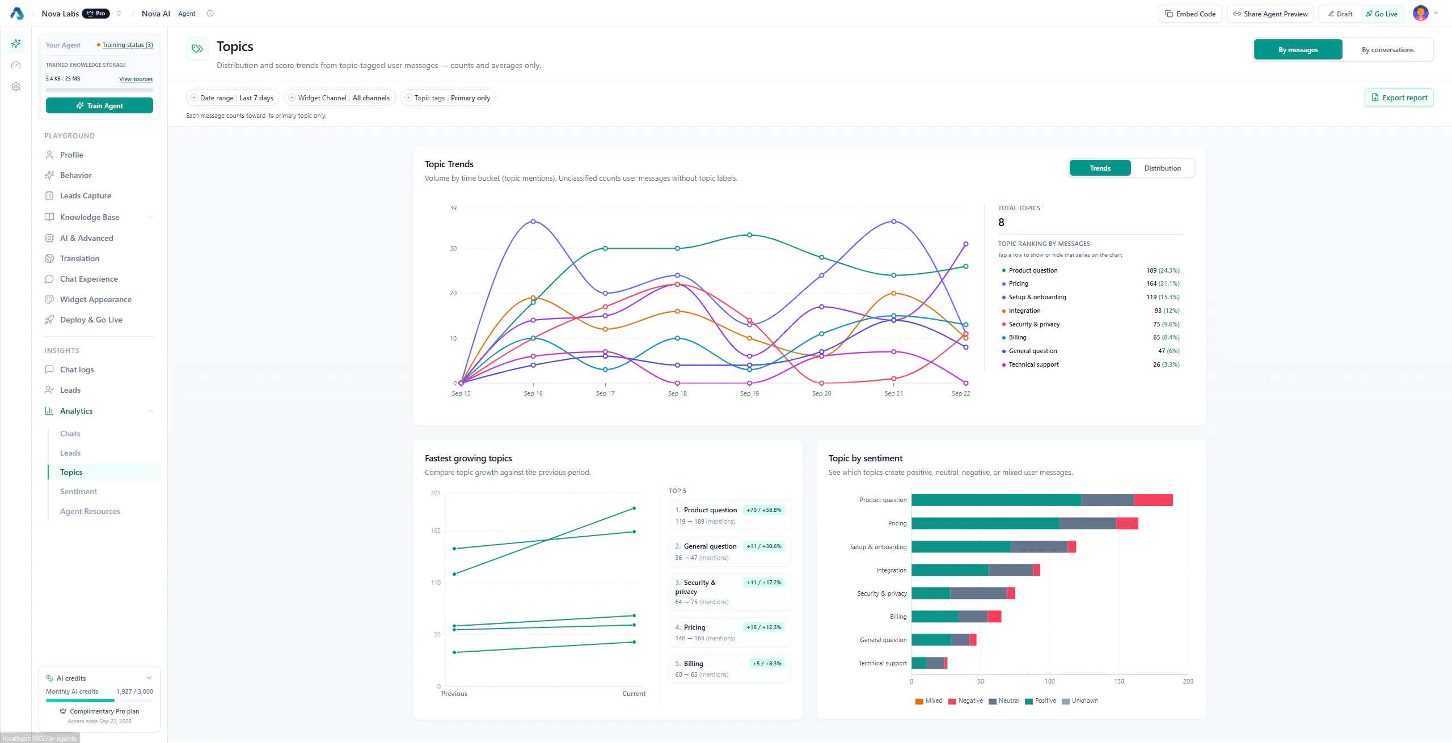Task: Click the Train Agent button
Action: coord(99,105)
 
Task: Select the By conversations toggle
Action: coord(1387,50)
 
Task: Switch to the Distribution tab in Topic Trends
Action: coord(1162,168)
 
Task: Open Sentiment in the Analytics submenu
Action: coord(78,491)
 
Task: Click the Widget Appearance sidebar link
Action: coord(95,299)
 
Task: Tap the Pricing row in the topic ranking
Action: coord(1090,283)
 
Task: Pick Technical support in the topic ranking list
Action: coord(1090,364)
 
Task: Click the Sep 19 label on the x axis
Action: coord(749,393)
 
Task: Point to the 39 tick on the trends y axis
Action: coord(453,208)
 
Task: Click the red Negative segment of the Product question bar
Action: coord(1153,500)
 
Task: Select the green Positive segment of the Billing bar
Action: coord(935,617)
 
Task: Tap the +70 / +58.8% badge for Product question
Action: coord(764,510)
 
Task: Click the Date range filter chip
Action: coord(233,98)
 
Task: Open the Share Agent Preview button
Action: coord(1270,14)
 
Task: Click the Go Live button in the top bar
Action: coord(1382,14)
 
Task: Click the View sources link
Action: coord(136,79)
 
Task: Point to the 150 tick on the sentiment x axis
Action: coord(1119,681)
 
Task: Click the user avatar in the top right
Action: coord(1420,13)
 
